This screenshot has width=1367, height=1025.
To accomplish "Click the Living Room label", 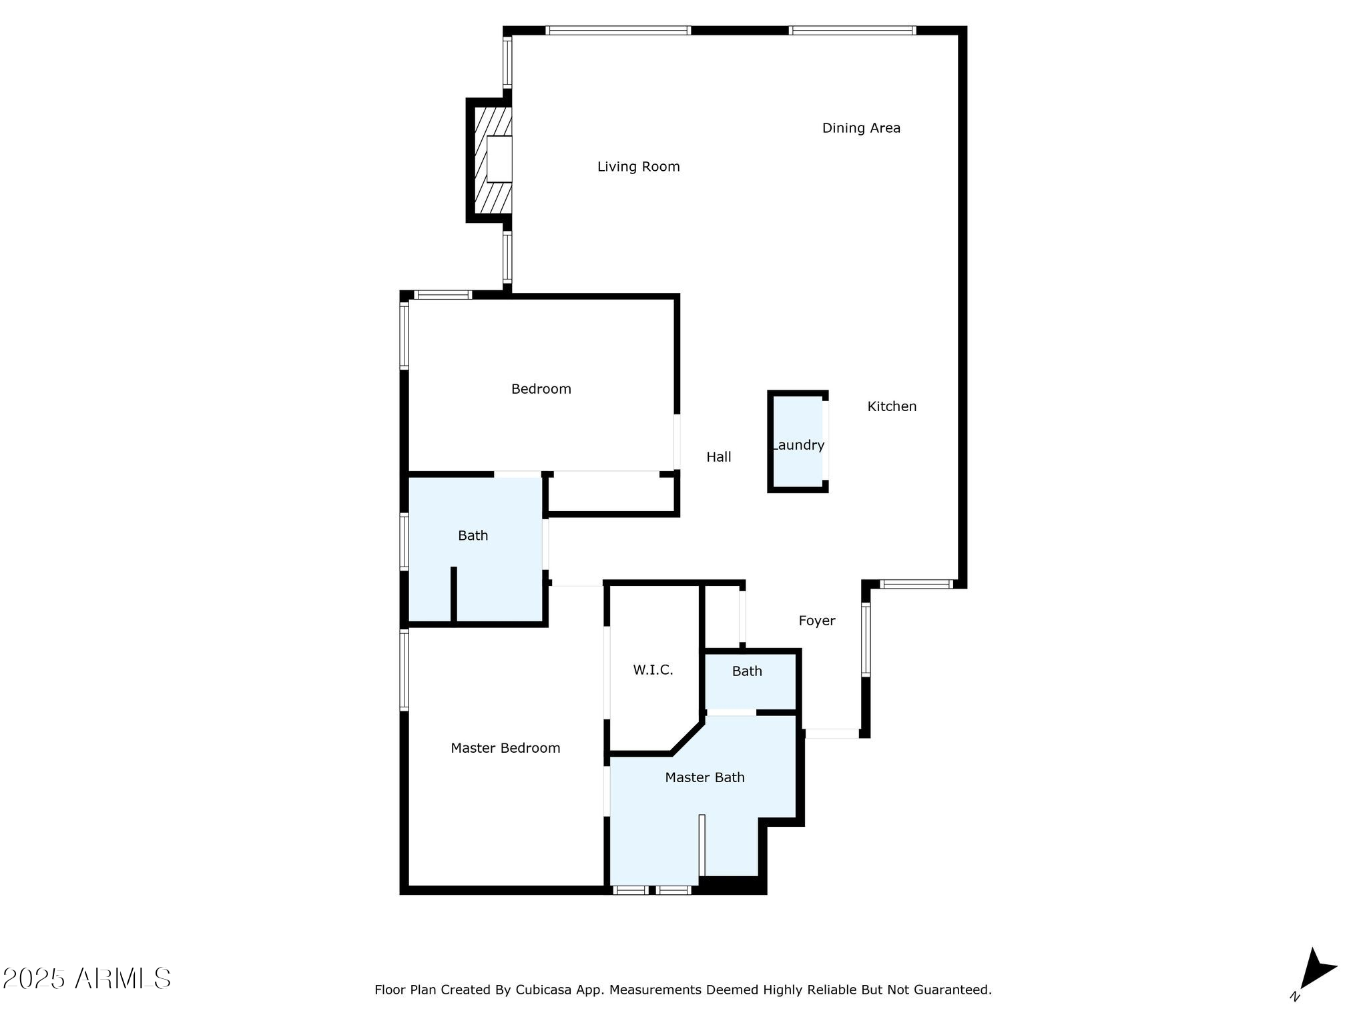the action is pyautogui.click(x=638, y=167).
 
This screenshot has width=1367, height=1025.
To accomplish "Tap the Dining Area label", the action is pyautogui.click(x=861, y=128).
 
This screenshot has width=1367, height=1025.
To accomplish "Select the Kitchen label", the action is pyautogui.click(x=892, y=406).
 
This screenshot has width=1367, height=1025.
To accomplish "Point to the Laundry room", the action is pyautogui.click(x=798, y=442).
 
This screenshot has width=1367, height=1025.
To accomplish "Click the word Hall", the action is pyautogui.click(x=719, y=457).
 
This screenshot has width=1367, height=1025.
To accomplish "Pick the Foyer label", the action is pyautogui.click(x=817, y=621).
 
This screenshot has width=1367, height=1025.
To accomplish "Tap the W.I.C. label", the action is pyautogui.click(x=653, y=670).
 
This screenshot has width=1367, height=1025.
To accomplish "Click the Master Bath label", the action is pyautogui.click(x=705, y=777).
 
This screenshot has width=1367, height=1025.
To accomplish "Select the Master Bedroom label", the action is pyautogui.click(x=505, y=748).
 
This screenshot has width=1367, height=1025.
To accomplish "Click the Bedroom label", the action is pyautogui.click(x=541, y=389).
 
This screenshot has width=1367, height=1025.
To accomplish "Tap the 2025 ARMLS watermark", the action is pyautogui.click(x=86, y=979).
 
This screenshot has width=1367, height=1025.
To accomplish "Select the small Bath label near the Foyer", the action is pyautogui.click(x=747, y=671).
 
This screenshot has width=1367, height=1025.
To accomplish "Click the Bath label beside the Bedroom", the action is pyautogui.click(x=473, y=535).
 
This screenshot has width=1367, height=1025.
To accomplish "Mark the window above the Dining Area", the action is pyautogui.click(x=852, y=30).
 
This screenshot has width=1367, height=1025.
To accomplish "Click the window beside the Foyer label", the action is pyautogui.click(x=866, y=639).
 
